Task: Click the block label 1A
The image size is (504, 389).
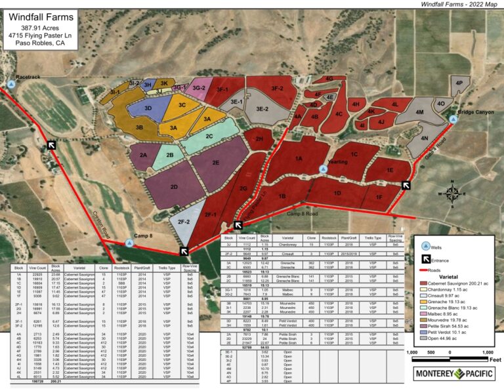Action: (x=299, y=159)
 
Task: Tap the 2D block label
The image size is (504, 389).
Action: (x=173, y=187)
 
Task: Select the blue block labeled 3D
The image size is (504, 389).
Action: (x=148, y=108)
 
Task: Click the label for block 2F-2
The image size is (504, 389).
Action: (x=183, y=222)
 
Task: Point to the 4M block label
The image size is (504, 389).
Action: (x=420, y=113)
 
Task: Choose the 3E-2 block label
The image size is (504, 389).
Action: (x=263, y=109)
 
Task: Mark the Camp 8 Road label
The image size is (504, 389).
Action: (x=302, y=214)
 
